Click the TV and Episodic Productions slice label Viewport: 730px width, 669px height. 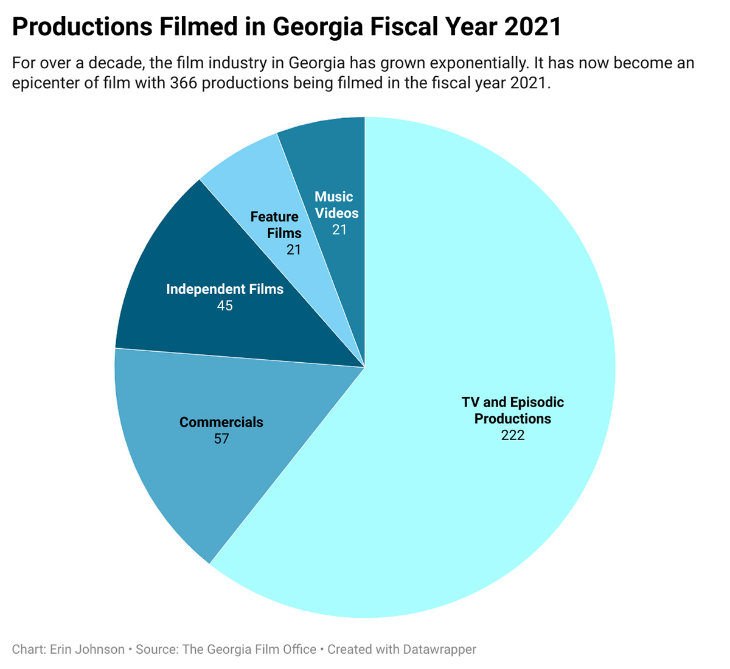pos(513,410)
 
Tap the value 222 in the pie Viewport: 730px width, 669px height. pos(513,435)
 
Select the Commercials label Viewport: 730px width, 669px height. pos(221,422)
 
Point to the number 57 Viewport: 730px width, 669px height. pos(221,439)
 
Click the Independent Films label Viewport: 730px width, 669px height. pos(225,289)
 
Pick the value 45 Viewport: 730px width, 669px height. pos(225,306)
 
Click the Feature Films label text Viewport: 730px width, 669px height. pos(276,225)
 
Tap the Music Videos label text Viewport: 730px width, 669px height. pos(336,205)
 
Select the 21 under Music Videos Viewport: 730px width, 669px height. pos(339,229)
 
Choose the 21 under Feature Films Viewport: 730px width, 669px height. pos(294,250)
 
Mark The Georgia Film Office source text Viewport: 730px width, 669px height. pos(249,650)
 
